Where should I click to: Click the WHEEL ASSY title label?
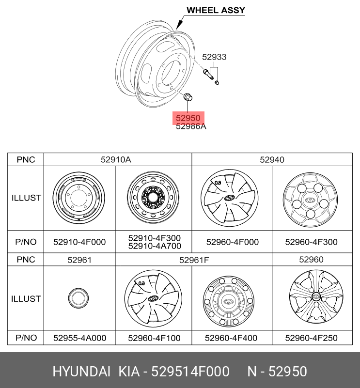point(216,10)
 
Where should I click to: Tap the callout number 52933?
point(214,57)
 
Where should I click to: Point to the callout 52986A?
point(191,127)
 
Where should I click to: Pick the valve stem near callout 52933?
point(208,75)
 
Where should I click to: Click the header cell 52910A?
point(116,159)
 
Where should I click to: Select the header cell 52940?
point(272,159)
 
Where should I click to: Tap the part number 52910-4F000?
point(79,242)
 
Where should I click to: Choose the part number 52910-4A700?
point(154,246)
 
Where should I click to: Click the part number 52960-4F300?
point(311,242)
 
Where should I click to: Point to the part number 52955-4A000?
point(79,338)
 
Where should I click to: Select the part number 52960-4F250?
point(311,338)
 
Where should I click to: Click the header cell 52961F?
point(194,260)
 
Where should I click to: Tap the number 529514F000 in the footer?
point(190,372)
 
